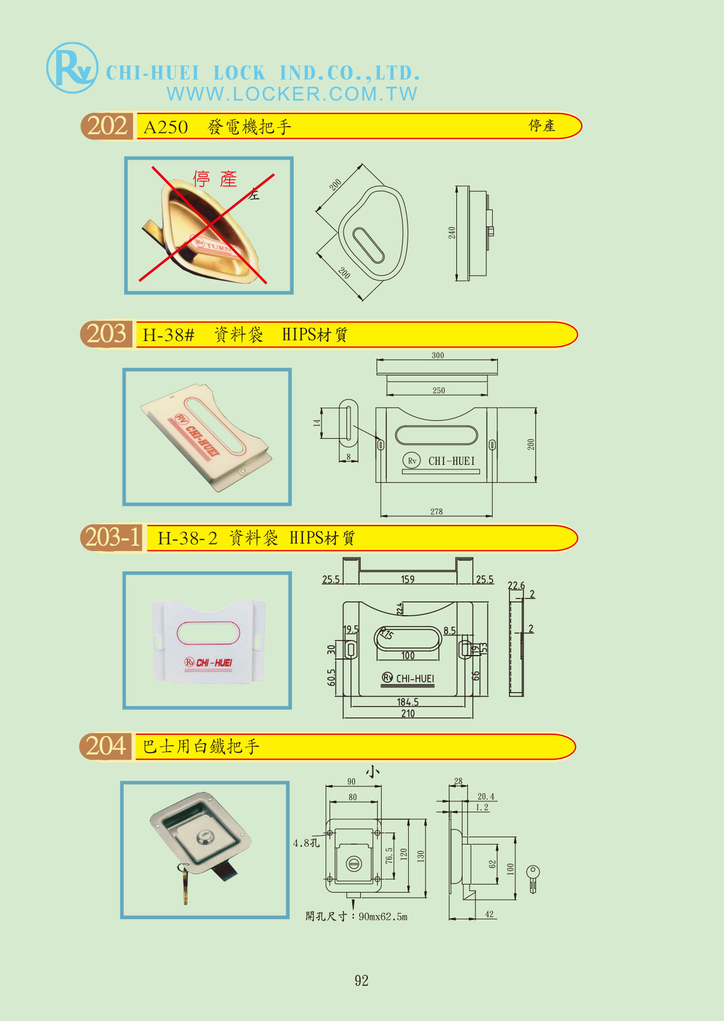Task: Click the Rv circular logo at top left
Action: tap(72, 68)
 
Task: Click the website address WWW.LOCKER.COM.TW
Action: tap(292, 94)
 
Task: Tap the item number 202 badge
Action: tap(107, 126)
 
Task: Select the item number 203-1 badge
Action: tap(112, 538)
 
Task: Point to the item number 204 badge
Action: tap(106, 746)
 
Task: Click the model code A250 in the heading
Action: tap(165, 127)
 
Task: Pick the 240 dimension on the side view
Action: tap(452, 233)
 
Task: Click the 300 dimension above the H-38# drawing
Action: tap(438, 356)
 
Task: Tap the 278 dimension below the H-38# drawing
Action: tap(437, 512)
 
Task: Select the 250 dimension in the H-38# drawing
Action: tap(439, 391)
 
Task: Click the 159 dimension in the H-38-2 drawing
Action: tap(408, 579)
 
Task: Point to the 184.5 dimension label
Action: tap(408, 702)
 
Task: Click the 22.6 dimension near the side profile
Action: tap(516, 586)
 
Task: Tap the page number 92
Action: tap(361, 981)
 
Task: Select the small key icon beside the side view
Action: tap(533, 878)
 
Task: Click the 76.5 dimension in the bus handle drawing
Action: tap(389, 856)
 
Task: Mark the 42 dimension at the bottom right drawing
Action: tap(489, 914)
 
